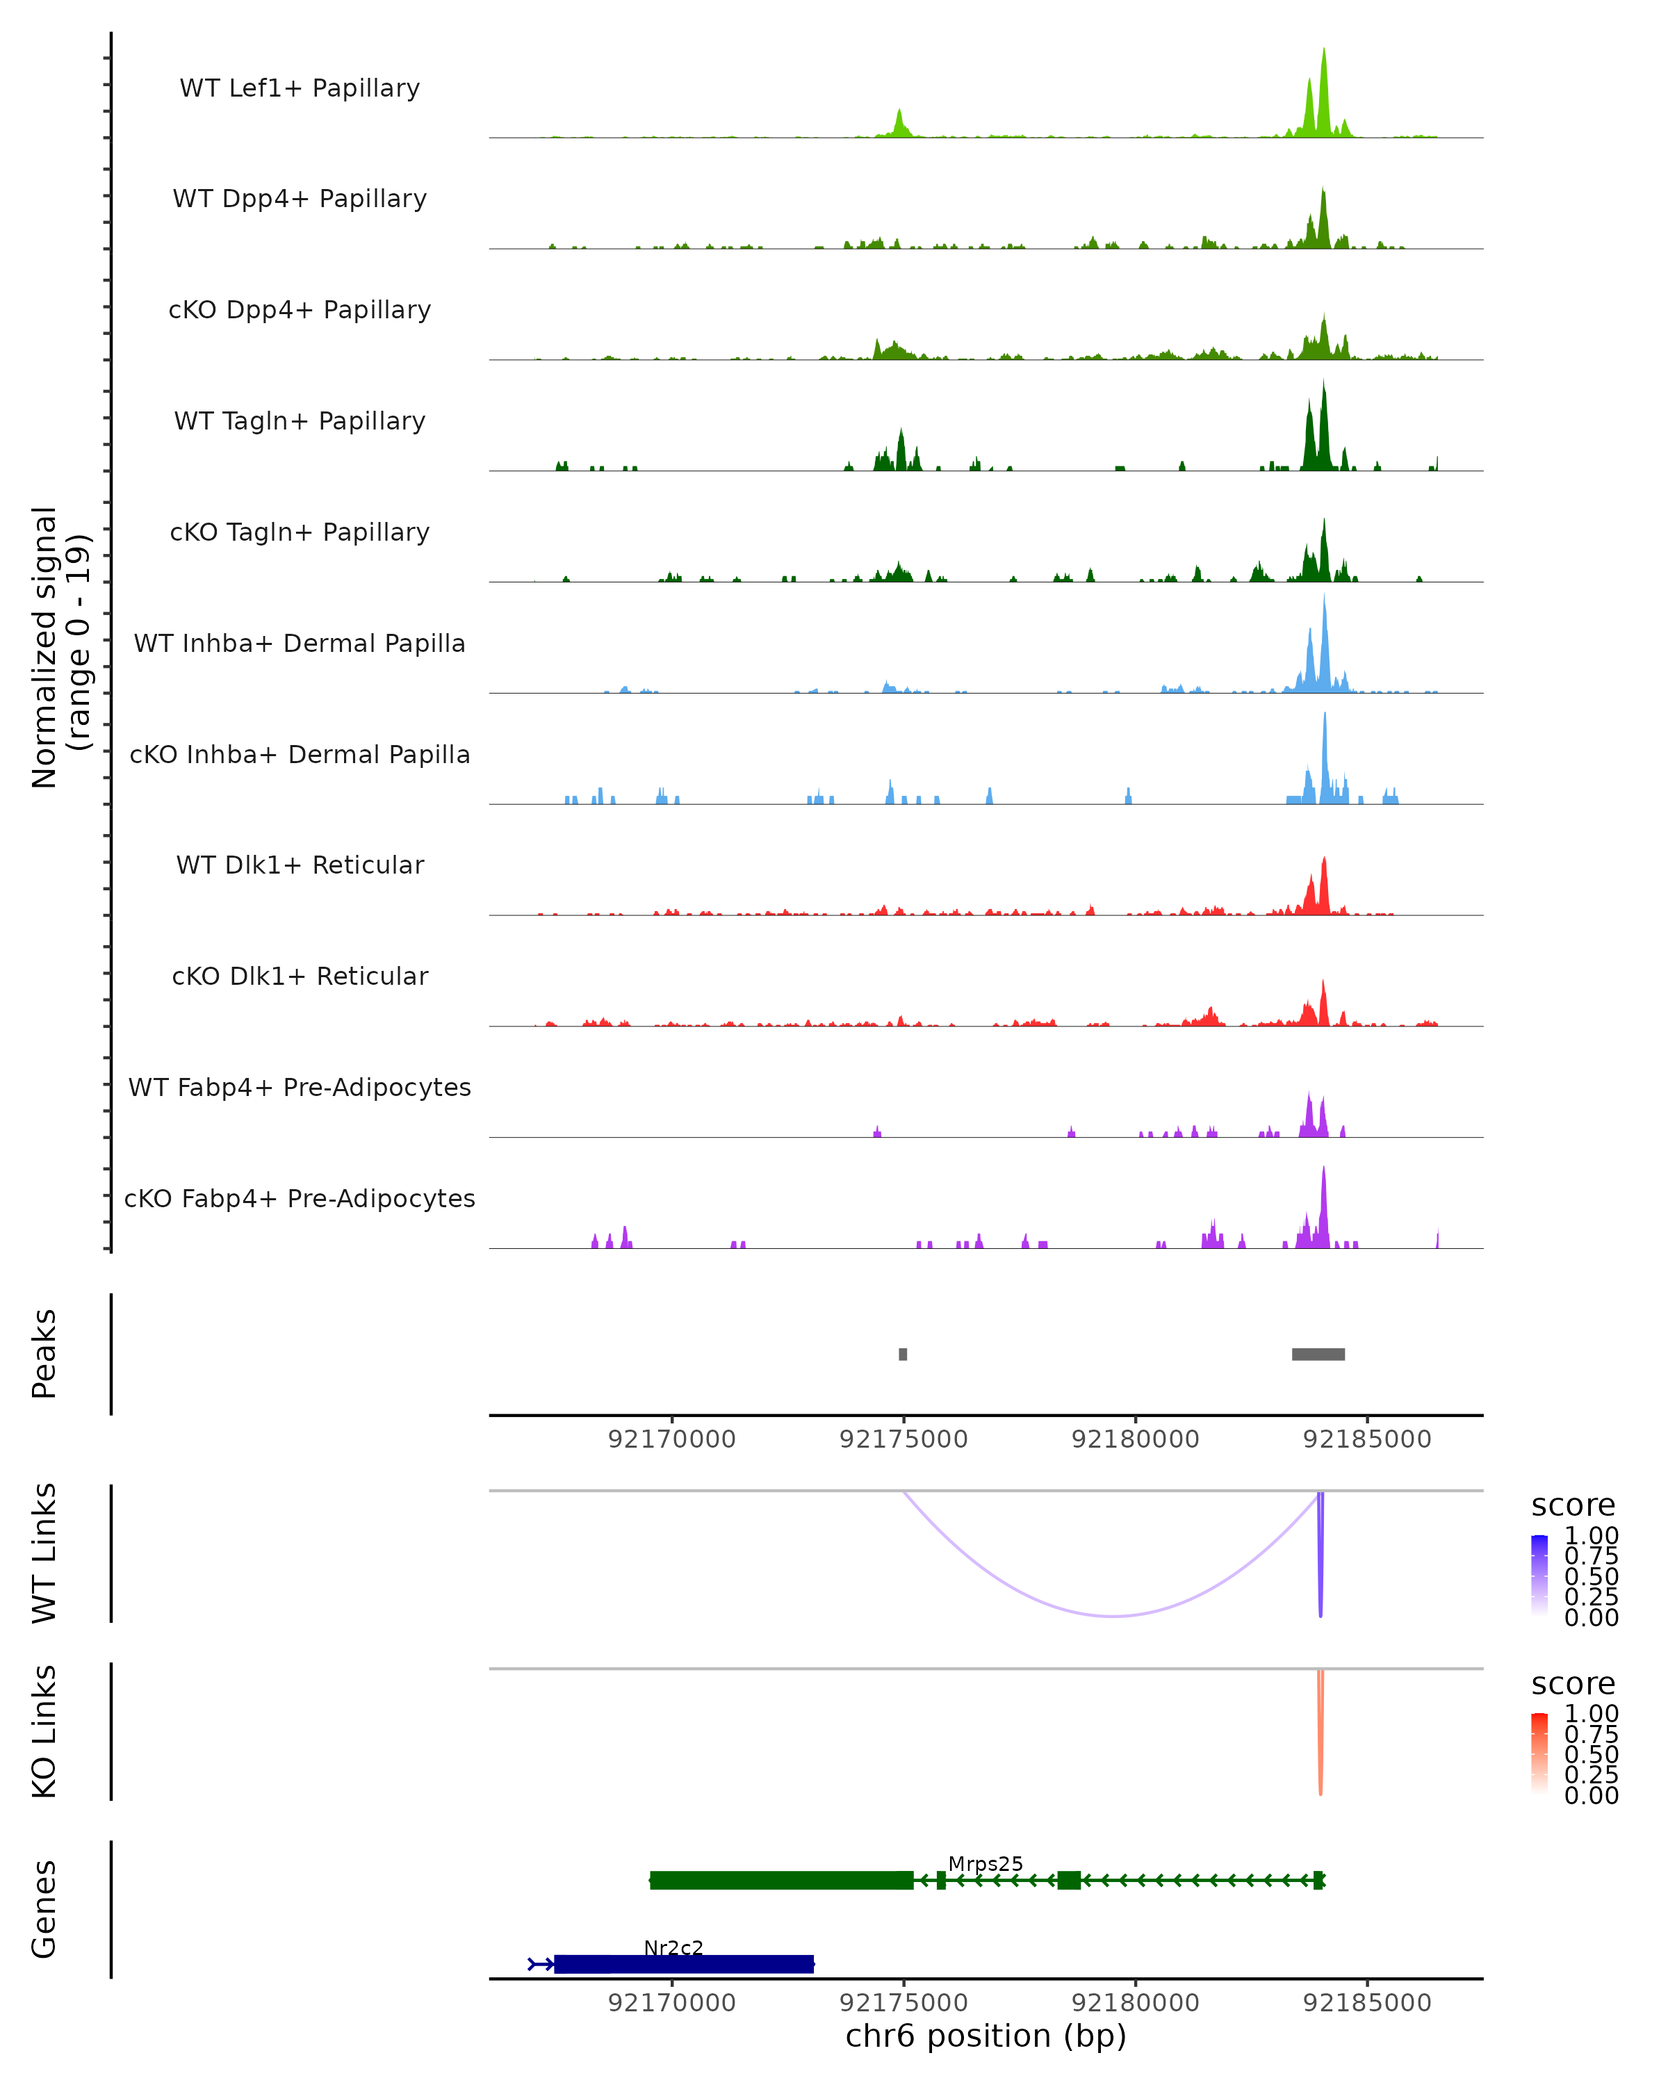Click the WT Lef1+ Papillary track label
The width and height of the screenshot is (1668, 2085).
(x=300, y=88)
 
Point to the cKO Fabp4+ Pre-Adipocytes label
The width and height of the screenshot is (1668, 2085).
(x=300, y=1198)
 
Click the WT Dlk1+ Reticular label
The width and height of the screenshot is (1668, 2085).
(x=300, y=865)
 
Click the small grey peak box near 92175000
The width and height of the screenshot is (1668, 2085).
(x=903, y=1354)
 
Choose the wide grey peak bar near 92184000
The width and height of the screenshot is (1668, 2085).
(x=1318, y=1354)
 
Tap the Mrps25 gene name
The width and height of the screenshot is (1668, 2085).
(x=986, y=1863)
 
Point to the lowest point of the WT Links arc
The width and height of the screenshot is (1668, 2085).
(x=1114, y=1615)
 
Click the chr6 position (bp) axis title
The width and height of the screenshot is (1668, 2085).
(x=986, y=2036)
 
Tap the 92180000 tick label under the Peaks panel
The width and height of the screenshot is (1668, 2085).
(x=1135, y=1439)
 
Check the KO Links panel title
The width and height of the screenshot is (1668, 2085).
(x=44, y=1731)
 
